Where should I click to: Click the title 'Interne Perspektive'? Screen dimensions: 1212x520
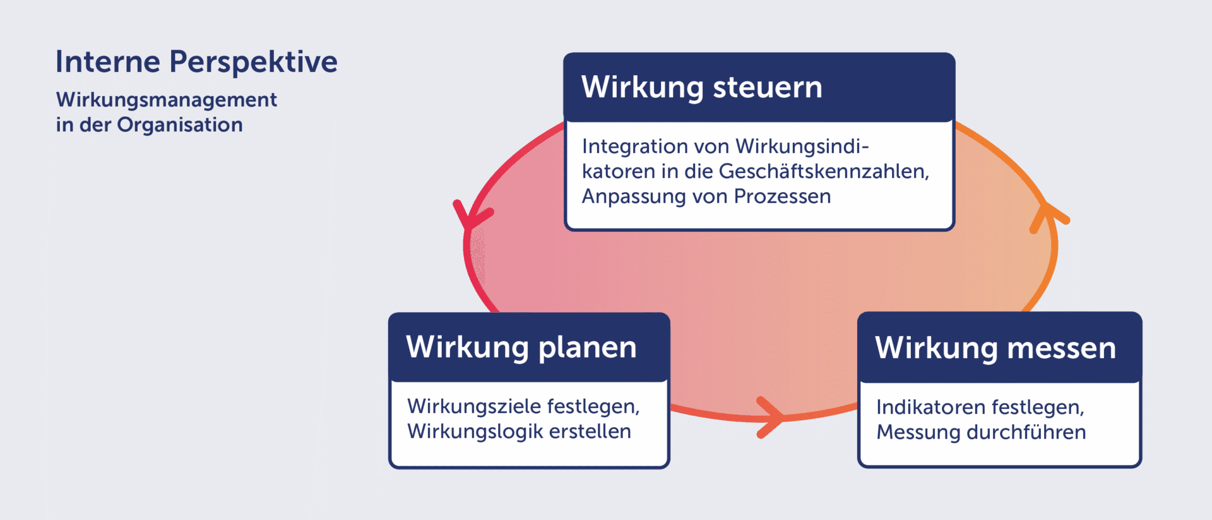pos(196,63)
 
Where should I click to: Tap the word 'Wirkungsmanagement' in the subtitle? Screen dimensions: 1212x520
pos(167,100)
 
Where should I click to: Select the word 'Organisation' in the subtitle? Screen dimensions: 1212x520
pos(180,125)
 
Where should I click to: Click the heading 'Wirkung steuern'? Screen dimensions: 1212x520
pos(702,87)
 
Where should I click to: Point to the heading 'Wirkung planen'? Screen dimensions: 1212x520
pos(521,348)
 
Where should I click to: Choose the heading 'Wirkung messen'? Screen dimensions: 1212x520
pos(995,348)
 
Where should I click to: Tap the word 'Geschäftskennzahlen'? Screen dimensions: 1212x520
pos(824,171)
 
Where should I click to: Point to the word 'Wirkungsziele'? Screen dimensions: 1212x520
pos(473,406)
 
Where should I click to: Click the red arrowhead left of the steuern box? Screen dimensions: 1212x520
pos(470,215)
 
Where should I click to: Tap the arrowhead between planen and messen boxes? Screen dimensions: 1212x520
pos(771,417)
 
